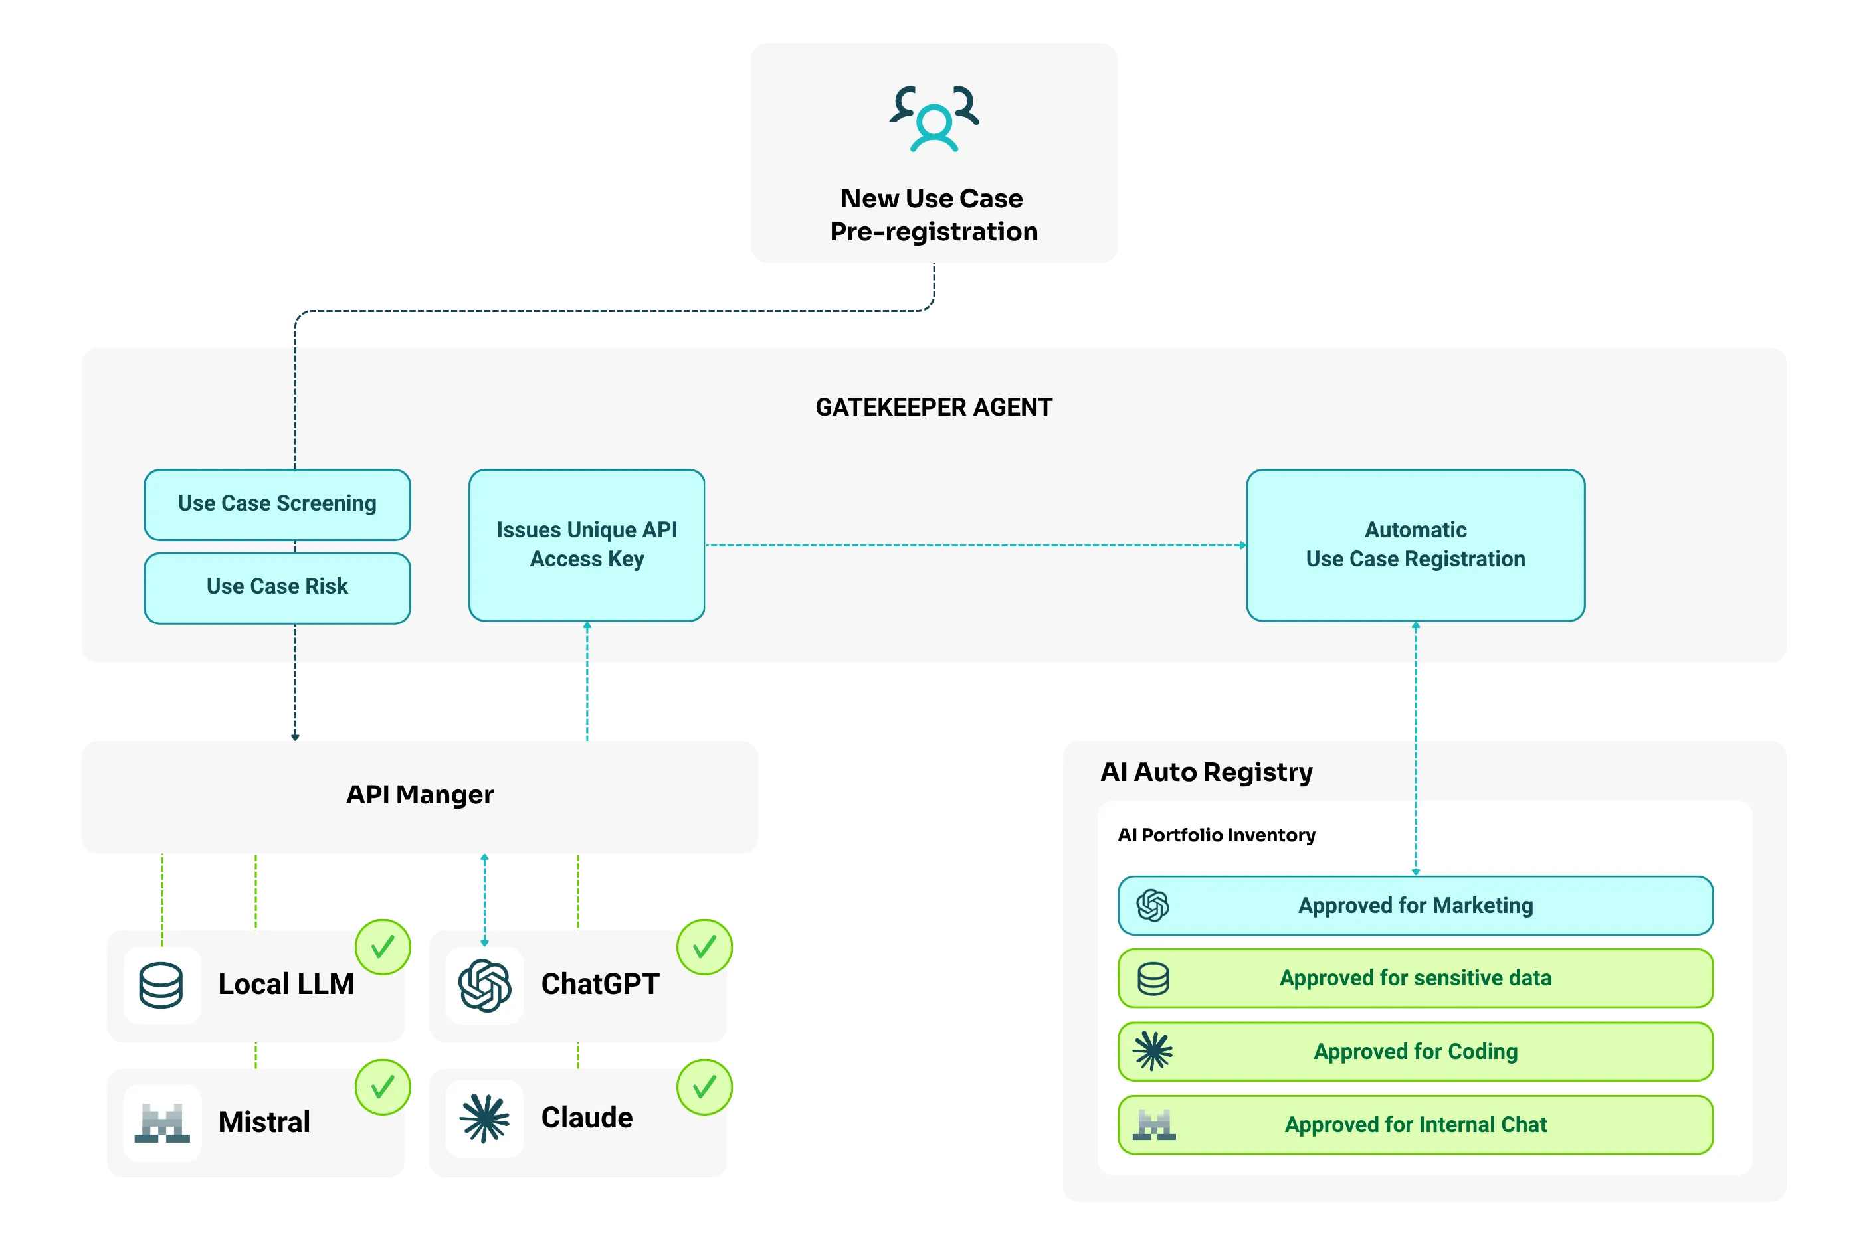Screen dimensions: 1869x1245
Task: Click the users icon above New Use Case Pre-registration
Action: pos(934,118)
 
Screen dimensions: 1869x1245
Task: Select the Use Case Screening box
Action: pos(277,504)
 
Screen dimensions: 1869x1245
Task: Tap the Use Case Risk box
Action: pos(277,588)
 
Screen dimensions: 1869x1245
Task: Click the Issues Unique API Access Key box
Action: pos(587,544)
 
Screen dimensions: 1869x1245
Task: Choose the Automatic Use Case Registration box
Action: pos(1415,544)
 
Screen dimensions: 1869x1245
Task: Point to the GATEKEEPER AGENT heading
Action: pos(934,407)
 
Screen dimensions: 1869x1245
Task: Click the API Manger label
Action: pos(419,795)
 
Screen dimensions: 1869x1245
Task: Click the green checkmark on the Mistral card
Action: pos(383,1087)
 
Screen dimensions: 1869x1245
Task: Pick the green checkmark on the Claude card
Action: pos(704,1087)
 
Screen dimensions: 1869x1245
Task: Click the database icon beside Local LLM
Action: pos(161,985)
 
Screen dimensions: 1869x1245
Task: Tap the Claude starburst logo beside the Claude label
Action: pos(484,1118)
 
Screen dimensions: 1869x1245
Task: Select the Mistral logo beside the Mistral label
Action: pos(162,1123)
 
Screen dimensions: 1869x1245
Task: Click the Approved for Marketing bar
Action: pos(1415,905)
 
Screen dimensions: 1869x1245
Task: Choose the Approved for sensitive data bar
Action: pos(1415,978)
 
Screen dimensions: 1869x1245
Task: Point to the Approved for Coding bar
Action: pos(1415,1051)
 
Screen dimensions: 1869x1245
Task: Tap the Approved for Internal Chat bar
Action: pos(1415,1124)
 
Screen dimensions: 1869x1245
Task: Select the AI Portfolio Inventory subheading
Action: pos(1216,835)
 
